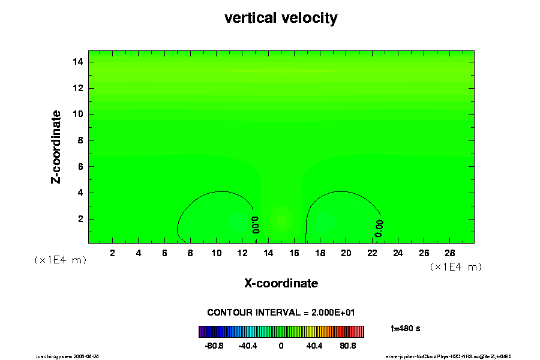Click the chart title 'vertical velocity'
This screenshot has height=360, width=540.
tap(281, 18)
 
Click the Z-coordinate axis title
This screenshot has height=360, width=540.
tap(56, 146)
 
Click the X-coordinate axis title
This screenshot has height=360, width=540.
tap(281, 283)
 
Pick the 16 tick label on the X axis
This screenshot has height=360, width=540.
tap(294, 253)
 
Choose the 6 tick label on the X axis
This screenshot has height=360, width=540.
tap(164, 253)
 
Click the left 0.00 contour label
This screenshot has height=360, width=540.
tap(255, 224)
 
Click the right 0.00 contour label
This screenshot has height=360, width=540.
tap(379, 227)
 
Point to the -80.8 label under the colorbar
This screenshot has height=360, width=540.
tap(214, 346)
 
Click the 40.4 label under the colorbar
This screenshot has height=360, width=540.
tap(314, 346)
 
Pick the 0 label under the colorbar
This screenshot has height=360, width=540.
tap(281, 346)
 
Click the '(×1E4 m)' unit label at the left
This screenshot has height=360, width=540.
tap(60, 260)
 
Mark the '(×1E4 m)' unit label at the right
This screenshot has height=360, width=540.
tap(456, 266)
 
